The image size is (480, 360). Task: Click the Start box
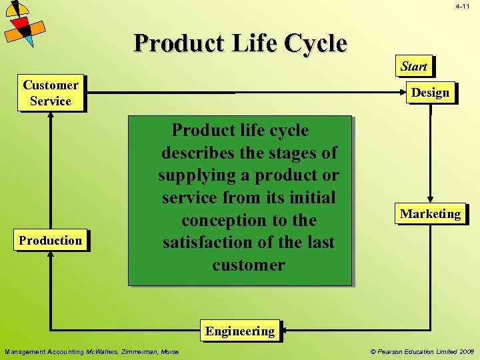click(x=413, y=66)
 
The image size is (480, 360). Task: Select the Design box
click(x=430, y=92)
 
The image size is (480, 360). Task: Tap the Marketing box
click(x=430, y=214)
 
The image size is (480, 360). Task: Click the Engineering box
click(x=240, y=331)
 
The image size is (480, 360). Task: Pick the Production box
click(x=51, y=241)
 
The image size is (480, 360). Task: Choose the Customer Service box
click(x=51, y=93)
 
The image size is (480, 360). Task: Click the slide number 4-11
click(x=463, y=6)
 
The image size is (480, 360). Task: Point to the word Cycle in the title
click(x=315, y=43)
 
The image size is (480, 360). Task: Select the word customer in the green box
click(x=249, y=265)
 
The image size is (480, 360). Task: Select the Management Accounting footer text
click(x=91, y=351)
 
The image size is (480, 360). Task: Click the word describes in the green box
click(x=198, y=153)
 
